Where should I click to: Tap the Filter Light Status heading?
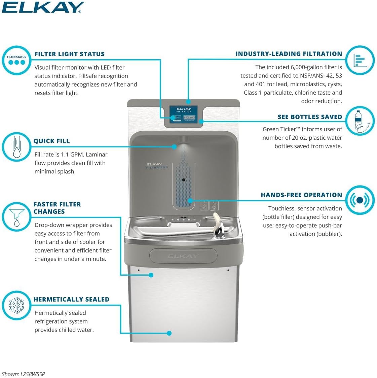coord(69,54)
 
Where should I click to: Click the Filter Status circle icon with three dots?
coord(17,61)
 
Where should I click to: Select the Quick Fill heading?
coord(51,141)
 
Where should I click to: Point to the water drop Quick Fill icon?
coord(16,147)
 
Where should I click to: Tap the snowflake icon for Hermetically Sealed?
coord(16,305)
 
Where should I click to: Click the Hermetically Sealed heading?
coord(71,299)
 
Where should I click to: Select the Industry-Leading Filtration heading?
coord(289,54)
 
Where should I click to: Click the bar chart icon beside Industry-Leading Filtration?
coord(360,61)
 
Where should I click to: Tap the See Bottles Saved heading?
coord(310,117)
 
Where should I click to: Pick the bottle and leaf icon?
coord(360,121)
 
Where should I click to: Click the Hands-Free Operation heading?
coord(301,195)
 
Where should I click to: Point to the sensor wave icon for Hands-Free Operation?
coord(360,200)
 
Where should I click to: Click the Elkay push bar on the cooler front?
coord(183,256)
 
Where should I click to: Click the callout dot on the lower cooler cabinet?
coord(169,333)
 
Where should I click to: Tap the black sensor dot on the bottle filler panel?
coord(184,180)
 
